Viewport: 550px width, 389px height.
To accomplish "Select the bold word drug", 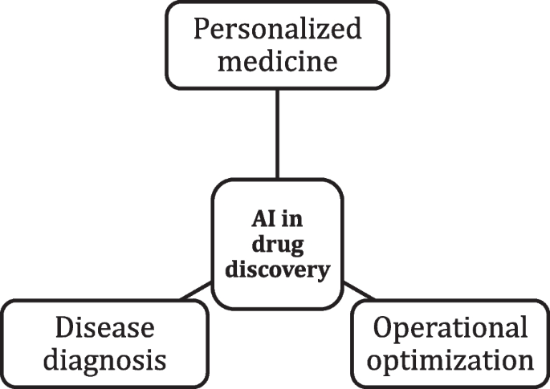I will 276,245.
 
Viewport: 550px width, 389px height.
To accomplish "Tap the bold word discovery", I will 276,271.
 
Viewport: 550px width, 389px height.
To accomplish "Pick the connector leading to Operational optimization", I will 359,293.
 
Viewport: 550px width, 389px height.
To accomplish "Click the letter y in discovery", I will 323,274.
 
